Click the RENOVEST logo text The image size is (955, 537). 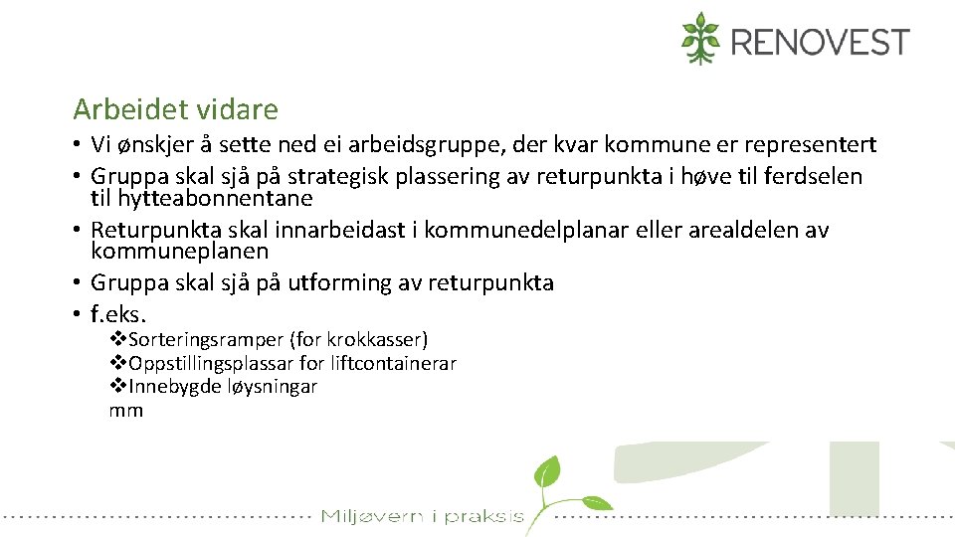pyautogui.click(x=820, y=42)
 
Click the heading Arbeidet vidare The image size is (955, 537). pyautogui.click(x=175, y=108)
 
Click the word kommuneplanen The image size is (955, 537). pyautogui.click(x=180, y=251)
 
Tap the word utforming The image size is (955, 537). pyautogui.click(x=334, y=283)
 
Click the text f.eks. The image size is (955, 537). pyautogui.click(x=118, y=315)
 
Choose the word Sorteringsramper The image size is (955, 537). pyautogui.click(x=205, y=340)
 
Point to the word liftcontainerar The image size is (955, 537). pyautogui.click(x=393, y=363)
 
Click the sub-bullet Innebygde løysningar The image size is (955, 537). pyautogui.click(x=222, y=387)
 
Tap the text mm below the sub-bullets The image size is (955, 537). pyautogui.click(x=126, y=411)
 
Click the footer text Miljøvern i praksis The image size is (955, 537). pyautogui.click(x=422, y=516)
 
